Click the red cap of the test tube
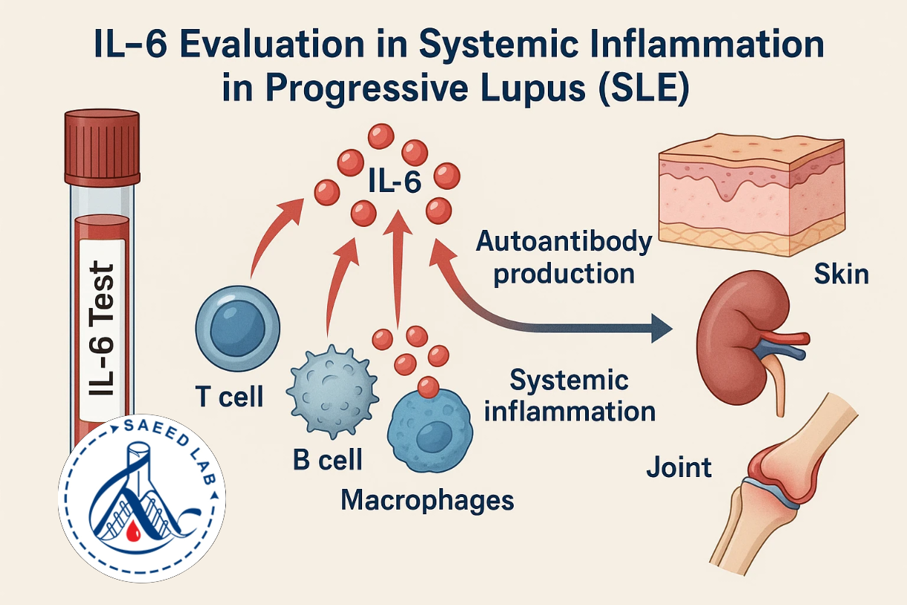click(x=102, y=147)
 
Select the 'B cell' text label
click(x=327, y=460)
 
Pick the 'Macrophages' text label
click(x=427, y=500)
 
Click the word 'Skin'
click(x=842, y=275)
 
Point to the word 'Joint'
click(x=679, y=467)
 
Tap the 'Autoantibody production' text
click(x=564, y=257)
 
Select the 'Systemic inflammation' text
click(x=569, y=395)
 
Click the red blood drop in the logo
click(x=134, y=531)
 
